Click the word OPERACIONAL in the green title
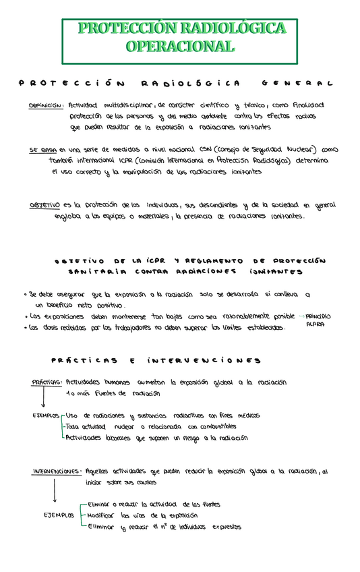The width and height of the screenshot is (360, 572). (x=179, y=47)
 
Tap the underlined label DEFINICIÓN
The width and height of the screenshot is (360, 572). (x=46, y=106)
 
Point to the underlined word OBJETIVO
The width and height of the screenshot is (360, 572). (x=45, y=205)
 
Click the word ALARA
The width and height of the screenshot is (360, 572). (x=315, y=324)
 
